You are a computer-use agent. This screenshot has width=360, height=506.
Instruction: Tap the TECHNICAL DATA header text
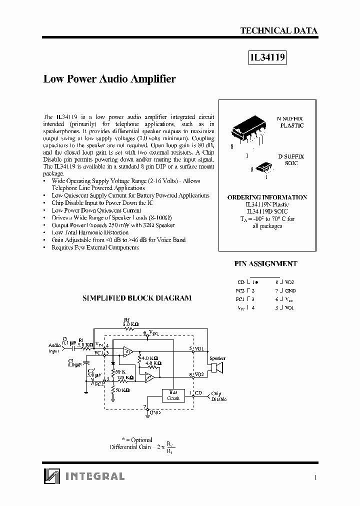(278, 30)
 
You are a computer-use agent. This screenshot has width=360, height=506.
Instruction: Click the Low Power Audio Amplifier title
(109, 79)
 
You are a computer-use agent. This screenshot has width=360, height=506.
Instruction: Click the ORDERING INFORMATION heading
(267, 197)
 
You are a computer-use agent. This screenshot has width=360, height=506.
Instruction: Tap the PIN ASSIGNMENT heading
(265, 263)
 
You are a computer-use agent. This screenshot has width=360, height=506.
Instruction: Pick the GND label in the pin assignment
(290, 290)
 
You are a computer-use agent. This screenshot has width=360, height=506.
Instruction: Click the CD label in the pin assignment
(241, 282)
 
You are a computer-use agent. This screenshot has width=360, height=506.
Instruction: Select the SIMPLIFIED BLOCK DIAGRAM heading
(136, 298)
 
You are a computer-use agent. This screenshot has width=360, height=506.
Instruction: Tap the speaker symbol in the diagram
(217, 368)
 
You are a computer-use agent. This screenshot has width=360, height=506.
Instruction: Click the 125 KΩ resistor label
(126, 378)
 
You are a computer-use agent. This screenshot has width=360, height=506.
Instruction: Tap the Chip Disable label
(218, 396)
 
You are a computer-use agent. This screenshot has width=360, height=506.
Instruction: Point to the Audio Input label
(54, 348)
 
